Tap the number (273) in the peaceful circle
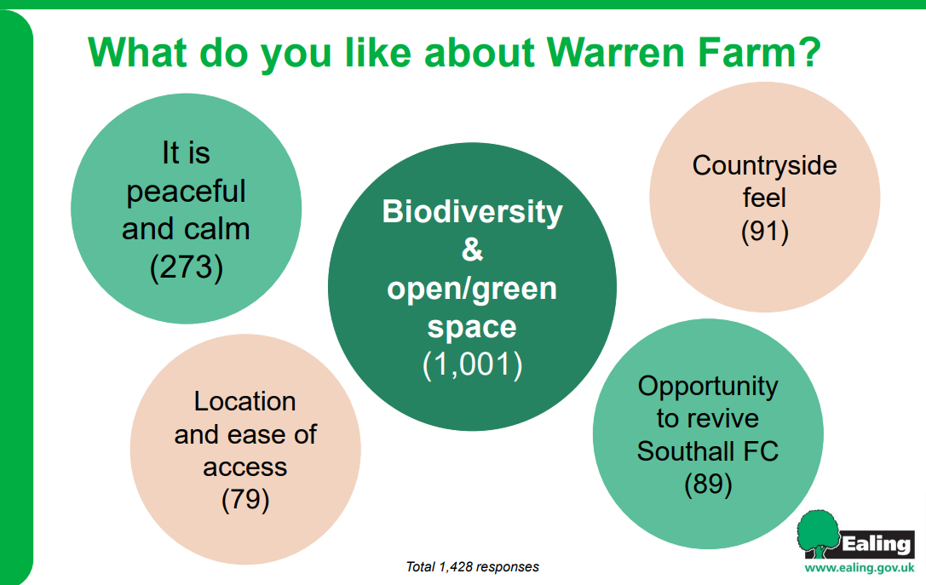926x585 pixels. tap(187, 267)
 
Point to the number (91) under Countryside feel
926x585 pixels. tap(765, 232)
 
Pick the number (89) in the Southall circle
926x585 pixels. tap(708, 485)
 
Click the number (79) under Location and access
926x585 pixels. tap(245, 500)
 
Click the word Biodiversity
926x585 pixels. tap(473, 212)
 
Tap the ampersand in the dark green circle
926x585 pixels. tap(472, 249)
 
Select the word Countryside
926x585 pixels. tap(765, 166)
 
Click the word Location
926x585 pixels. tap(245, 401)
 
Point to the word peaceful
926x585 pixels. tap(186, 192)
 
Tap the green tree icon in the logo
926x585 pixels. tap(818, 534)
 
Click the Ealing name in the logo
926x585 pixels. tap(877, 543)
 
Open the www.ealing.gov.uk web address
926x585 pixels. tap(860, 568)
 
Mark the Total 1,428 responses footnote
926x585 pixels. tap(473, 567)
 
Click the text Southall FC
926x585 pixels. tap(708, 451)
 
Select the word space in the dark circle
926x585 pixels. tap(472, 328)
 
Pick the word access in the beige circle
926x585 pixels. tap(245, 467)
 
